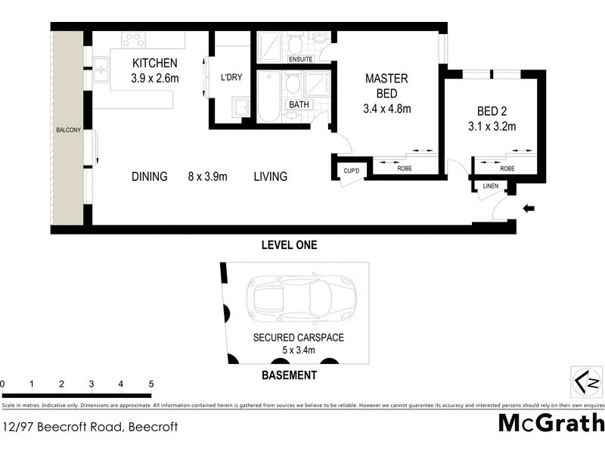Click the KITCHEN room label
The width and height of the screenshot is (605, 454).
155,64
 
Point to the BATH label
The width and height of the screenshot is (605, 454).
296,104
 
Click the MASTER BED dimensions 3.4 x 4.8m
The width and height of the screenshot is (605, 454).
386,109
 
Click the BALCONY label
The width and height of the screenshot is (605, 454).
68,131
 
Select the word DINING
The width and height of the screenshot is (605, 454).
149,177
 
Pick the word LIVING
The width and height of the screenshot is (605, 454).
270,177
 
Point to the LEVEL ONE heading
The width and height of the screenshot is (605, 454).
289,245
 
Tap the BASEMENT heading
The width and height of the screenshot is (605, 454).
289,375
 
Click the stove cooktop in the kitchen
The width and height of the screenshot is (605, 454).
133,39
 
